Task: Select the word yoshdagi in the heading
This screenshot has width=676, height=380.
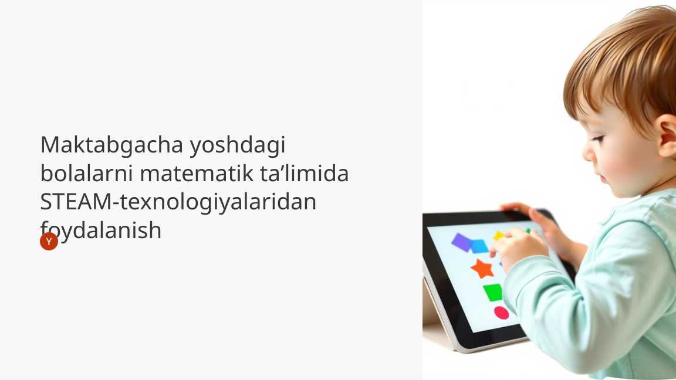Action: [237, 145]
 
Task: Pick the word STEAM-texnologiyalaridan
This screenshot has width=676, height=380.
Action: [178, 202]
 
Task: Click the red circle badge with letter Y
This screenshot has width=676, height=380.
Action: [49, 241]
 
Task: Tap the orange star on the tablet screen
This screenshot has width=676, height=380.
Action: [482, 269]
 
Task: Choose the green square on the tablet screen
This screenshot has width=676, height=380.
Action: [493, 292]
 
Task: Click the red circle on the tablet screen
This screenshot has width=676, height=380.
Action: [501, 313]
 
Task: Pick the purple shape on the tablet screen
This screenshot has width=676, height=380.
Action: [462, 242]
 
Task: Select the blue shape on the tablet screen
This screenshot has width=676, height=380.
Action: [479, 246]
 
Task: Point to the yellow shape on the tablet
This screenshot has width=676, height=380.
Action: [498, 236]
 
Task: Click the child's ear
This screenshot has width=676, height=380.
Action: [668, 135]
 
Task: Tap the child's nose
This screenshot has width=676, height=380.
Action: [587, 154]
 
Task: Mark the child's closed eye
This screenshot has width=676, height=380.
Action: [597, 140]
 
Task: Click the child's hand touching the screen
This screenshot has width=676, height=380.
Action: [519, 247]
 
